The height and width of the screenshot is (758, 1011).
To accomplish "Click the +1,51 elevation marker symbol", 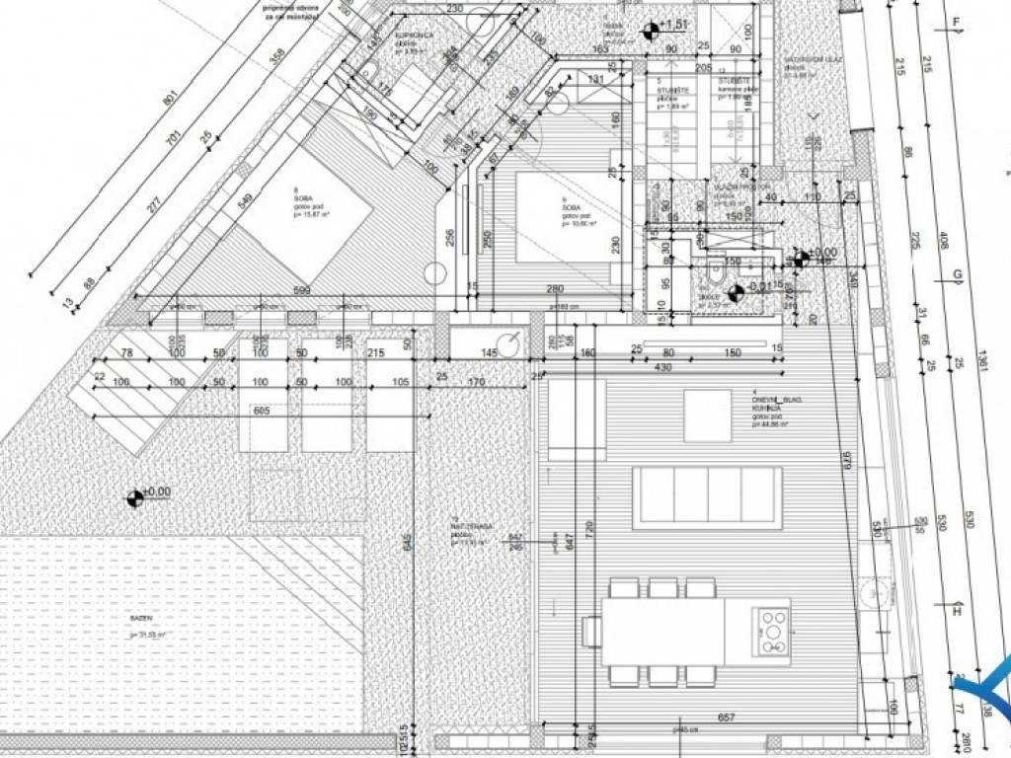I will pos(650,32).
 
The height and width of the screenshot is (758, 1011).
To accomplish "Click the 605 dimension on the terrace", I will pos(262,410).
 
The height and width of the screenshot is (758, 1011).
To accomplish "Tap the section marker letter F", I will pos(955,21).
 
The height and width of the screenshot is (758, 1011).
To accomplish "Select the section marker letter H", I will pos(956,611).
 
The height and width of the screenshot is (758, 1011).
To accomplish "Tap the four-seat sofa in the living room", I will pos(708,497).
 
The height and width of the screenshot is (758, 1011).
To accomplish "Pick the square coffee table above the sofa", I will pos(708,416).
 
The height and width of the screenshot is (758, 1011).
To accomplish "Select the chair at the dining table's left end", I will pos(592,631).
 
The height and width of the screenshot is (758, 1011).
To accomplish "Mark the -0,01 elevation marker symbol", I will pos(735,292).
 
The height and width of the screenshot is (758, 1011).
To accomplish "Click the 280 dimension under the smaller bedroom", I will pos(555,289).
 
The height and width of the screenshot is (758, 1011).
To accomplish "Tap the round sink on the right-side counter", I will pos(872,591).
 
